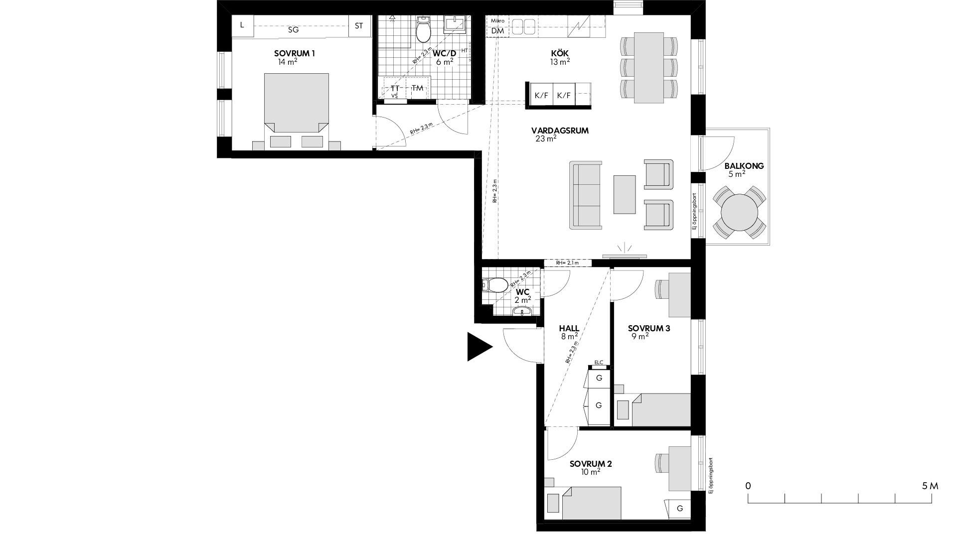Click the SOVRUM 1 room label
pos(294,53)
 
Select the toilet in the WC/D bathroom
pos(424,31)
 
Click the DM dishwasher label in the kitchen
pos(497,31)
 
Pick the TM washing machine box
pos(418,88)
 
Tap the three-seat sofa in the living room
pos(586,195)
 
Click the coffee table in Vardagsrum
pos(625,194)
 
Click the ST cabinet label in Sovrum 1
pos(359,26)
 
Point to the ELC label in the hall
pos(599,362)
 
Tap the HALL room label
pos(569,328)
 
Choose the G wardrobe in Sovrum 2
pos(680,509)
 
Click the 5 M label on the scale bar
pos(930,486)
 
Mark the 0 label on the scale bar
pos(748,486)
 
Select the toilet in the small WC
pos(495,285)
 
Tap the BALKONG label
pos(744,166)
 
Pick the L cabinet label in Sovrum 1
pos(242,25)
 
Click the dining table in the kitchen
pos(648,68)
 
